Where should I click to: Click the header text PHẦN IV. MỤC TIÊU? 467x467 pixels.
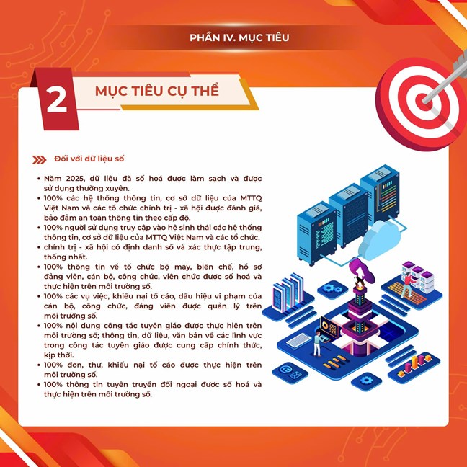click(239, 37)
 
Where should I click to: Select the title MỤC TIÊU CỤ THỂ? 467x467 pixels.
click(157, 91)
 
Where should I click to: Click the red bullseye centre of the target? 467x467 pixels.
click(423, 102)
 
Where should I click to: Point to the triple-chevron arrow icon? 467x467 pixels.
click(39, 160)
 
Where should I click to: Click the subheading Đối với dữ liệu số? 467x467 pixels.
click(89, 159)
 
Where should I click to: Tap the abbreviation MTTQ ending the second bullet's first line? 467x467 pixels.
click(251, 198)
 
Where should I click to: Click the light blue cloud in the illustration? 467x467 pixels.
click(379, 240)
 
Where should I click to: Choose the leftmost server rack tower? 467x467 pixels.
click(316, 233)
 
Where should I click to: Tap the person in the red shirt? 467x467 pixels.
click(407, 285)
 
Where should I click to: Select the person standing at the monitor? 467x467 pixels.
click(318, 343)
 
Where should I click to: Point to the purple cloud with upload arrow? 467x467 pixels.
click(361, 270)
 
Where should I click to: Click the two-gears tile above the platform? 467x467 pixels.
click(332, 289)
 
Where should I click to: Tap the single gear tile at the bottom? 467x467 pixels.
click(366, 381)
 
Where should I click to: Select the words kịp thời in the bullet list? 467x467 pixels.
click(55, 355)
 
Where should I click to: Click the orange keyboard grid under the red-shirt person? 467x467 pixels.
click(407, 293)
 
